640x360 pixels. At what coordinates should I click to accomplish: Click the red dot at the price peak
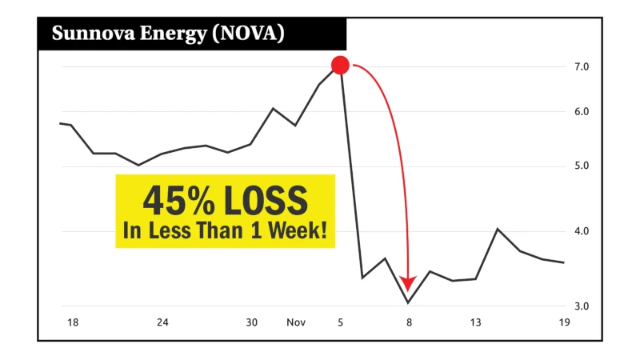click(x=340, y=66)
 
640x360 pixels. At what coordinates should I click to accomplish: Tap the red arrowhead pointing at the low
click(x=408, y=283)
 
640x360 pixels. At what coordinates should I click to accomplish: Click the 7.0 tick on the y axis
click(x=582, y=66)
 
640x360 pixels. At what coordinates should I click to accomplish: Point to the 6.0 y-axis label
click(x=582, y=112)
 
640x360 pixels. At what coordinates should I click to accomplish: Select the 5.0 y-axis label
click(x=582, y=166)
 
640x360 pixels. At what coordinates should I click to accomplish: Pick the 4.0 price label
click(x=582, y=231)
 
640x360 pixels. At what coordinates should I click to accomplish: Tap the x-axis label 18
click(x=73, y=322)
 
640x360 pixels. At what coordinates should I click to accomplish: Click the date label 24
click(x=162, y=322)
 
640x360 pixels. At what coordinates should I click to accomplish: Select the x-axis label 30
click(x=251, y=322)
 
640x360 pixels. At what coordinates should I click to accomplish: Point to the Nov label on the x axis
click(x=296, y=322)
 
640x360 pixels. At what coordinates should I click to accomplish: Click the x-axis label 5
click(x=340, y=322)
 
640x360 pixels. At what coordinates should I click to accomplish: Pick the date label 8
click(x=409, y=322)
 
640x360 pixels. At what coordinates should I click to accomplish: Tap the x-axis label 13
click(x=476, y=322)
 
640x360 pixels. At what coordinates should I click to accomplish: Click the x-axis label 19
click(x=564, y=322)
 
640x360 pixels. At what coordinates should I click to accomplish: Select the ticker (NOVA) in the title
click(x=245, y=34)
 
